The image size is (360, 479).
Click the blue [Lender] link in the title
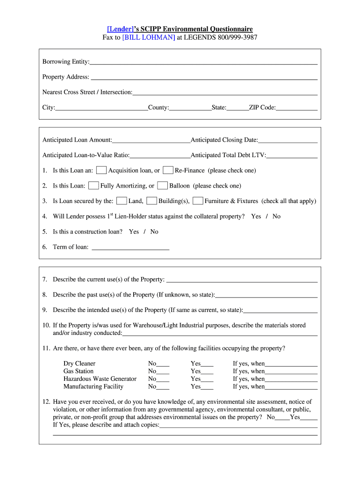tap(120, 29)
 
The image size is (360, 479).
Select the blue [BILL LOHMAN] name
tap(149, 37)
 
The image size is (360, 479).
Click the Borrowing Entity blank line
tap(203, 61)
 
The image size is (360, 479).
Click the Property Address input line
tap(203, 77)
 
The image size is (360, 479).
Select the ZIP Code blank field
tap(296, 108)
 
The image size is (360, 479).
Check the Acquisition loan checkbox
tap(101, 170)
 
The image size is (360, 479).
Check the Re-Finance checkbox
tap(168, 170)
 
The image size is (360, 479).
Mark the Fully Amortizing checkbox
tap(94, 186)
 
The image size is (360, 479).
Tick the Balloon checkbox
tap(162, 186)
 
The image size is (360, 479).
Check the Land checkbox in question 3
tap(122, 201)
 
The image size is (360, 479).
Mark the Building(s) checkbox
tap(151, 201)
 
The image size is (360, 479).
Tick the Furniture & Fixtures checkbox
tap(198, 201)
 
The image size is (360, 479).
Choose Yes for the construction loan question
tap(134, 232)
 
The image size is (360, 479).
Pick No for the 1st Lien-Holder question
tap(276, 216)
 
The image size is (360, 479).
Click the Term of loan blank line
tap(130, 247)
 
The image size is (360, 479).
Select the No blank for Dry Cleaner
tap(163, 364)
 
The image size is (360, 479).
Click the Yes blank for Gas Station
tap(207, 371)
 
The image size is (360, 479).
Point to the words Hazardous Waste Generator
tap(100, 379)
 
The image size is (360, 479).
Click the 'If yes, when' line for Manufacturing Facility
tap(291, 387)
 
